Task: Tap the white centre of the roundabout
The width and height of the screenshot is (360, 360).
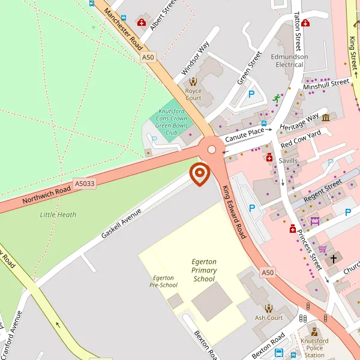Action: pyautogui.click(x=212, y=149)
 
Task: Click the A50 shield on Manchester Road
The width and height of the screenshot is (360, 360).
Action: pyautogui.click(x=148, y=57)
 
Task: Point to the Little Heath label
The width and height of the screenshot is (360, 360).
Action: pyautogui.click(x=58, y=215)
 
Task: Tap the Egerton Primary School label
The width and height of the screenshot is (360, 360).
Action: pyautogui.click(x=204, y=270)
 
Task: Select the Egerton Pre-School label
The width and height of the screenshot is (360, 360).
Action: pyautogui.click(x=163, y=281)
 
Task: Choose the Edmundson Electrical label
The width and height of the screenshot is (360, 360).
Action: pyautogui.click(x=289, y=61)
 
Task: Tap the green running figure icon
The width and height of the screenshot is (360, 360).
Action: pyautogui.click(x=276, y=98)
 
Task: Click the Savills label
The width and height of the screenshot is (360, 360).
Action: pyautogui.click(x=288, y=161)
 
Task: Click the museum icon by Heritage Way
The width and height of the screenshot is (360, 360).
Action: pyautogui.click(x=326, y=117)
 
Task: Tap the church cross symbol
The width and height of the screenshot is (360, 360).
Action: pyautogui.click(x=334, y=259)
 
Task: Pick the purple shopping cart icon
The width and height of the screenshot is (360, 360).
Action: pyautogui.click(x=322, y=249)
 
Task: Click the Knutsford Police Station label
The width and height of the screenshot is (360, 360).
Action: pyautogui.click(x=315, y=347)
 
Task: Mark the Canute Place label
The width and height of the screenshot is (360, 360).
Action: pyautogui.click(x=244, y=135)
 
